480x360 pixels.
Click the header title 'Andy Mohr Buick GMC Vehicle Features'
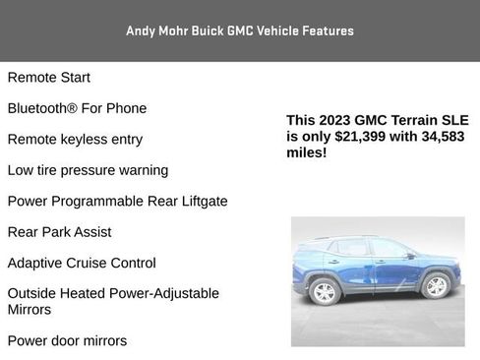click(x=239, y=31)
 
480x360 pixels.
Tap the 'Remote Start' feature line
click(x=48, y=78)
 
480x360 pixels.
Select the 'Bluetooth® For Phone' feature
click(x=77, y=108)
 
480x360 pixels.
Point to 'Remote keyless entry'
click(x=75, y=140)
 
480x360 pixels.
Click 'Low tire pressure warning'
click(x=88, y=170)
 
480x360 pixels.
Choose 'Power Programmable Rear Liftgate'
click(x=117, y=202)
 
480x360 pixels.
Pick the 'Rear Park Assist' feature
click(x=59, y=232)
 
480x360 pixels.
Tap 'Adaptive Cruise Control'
click(x=82, y=263)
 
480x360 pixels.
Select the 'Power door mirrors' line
click(x=67, y=341)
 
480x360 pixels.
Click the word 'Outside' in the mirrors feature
click(x=33, y=293)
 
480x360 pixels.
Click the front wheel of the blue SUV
click(x=434, y=285)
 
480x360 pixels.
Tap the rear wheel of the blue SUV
click(x=324, y=291)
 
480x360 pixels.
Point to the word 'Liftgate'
click(x=200, y=202)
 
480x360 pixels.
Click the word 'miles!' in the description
click(x=306, y=152)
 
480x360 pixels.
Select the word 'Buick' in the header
click(x=205, y=31)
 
